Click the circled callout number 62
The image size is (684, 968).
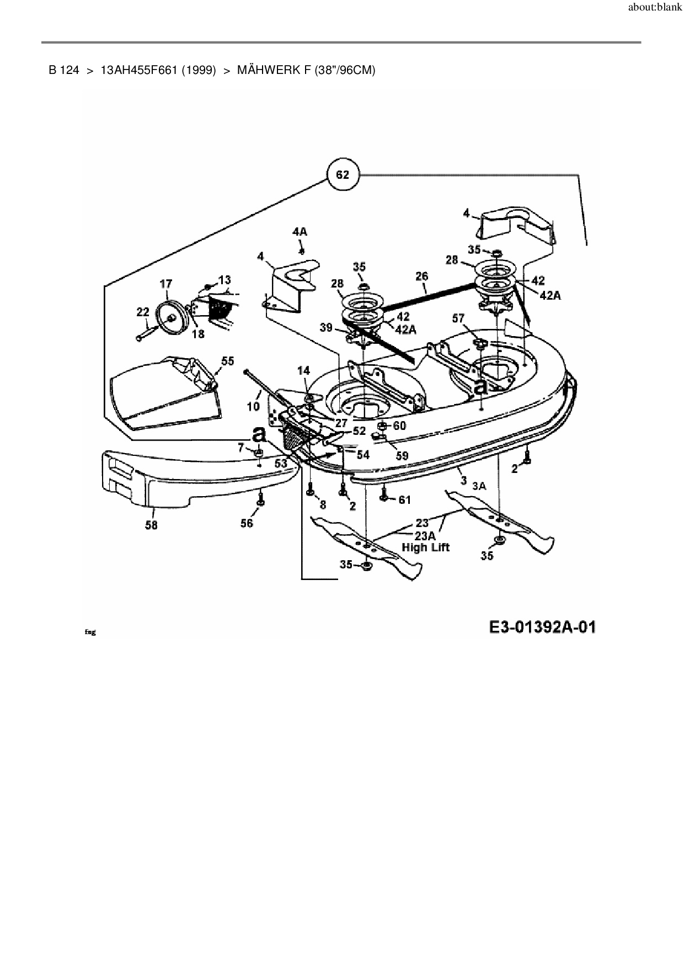(342, 175)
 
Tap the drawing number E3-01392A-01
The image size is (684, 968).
(542, 627)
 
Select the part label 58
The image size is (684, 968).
(151, 525)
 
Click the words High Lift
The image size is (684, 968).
(425, 547)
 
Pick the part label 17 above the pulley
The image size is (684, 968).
(165, 284)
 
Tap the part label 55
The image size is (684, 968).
(227, 361)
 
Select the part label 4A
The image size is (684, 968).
(300, 232)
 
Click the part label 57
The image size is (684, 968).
(458, 318)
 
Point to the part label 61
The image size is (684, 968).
(405, 500)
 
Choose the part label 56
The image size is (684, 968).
(247, 523)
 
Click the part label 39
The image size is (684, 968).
(326, 327)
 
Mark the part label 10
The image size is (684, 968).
(253, 407)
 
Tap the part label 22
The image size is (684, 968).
(142, 312)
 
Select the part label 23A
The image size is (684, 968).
(425, 535)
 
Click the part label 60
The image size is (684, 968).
(399, 426)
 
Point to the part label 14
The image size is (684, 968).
(304, 371)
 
